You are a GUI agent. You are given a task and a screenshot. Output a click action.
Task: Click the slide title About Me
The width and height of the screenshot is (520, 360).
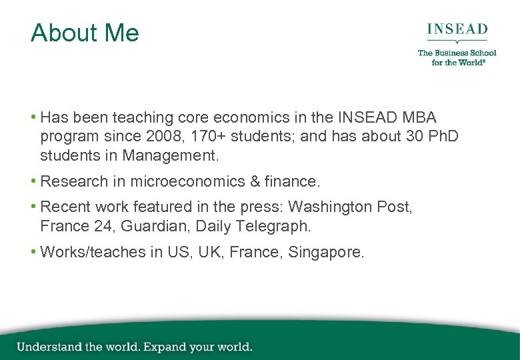coord(85,33)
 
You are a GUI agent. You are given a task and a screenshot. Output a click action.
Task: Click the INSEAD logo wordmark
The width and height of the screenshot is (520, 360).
coord(457,30)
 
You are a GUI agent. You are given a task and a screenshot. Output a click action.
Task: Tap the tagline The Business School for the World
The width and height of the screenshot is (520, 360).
coord(457,57)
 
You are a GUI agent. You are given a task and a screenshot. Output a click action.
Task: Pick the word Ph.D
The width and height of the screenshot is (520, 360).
coord(439,137)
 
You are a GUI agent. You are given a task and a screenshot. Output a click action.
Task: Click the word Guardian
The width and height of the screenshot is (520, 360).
coord(153,227)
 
